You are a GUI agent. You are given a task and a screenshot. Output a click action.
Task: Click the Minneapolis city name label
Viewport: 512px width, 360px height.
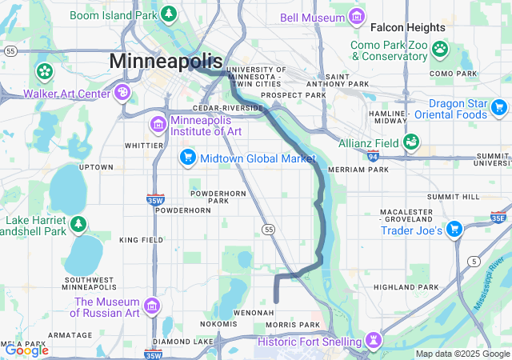[166, 61]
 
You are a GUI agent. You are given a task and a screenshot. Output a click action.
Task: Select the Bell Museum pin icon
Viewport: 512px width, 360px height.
[357, 17]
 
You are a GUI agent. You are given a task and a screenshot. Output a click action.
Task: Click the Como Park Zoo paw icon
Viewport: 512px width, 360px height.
[439, 49]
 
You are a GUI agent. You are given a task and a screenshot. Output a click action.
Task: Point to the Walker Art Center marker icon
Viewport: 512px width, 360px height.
[122, 93]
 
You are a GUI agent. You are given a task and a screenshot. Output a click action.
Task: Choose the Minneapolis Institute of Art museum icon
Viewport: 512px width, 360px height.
[157, 125]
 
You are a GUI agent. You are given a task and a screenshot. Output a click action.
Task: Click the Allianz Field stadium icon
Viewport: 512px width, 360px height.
[411, 142]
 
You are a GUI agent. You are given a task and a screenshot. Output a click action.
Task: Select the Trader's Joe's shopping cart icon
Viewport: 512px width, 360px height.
[454, 230]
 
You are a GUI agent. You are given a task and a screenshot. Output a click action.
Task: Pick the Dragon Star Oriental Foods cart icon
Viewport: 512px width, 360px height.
[408, 109]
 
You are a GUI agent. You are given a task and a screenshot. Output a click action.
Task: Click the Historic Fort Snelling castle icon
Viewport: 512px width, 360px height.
[373, 342]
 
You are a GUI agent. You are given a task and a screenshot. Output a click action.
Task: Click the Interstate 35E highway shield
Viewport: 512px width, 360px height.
[497, 216]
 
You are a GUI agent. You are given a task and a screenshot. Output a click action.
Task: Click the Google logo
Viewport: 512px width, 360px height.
[26, 350]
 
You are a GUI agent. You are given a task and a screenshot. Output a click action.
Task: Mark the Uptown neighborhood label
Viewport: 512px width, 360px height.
[95, 166]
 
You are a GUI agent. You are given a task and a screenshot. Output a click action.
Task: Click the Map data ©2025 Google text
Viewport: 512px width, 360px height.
[462, 354]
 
